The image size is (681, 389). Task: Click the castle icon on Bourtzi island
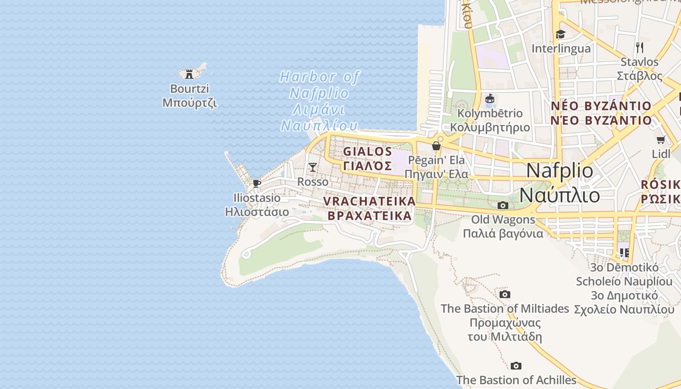pos(189,74)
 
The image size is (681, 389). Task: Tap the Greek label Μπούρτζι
pos(189,103)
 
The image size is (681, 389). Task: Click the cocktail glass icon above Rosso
pos(313,167)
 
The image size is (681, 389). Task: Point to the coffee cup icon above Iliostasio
pos(257,183)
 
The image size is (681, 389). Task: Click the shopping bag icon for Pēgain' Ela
pos(436,146)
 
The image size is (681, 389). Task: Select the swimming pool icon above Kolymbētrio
pos(490,99)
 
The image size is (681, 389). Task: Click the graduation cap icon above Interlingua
pos(560,34)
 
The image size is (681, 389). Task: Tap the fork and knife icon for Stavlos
pos(640,47)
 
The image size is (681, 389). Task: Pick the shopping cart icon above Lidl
pos(661,140)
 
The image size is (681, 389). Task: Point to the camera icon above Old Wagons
pos(503,206)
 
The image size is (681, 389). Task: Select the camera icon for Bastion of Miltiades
pos(504,294)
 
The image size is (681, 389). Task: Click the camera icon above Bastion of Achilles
pos(516,366)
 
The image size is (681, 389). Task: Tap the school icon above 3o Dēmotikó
pos(624,252)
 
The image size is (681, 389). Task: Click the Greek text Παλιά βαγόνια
pos(502,233)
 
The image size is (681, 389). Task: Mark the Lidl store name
pos(661,154)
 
